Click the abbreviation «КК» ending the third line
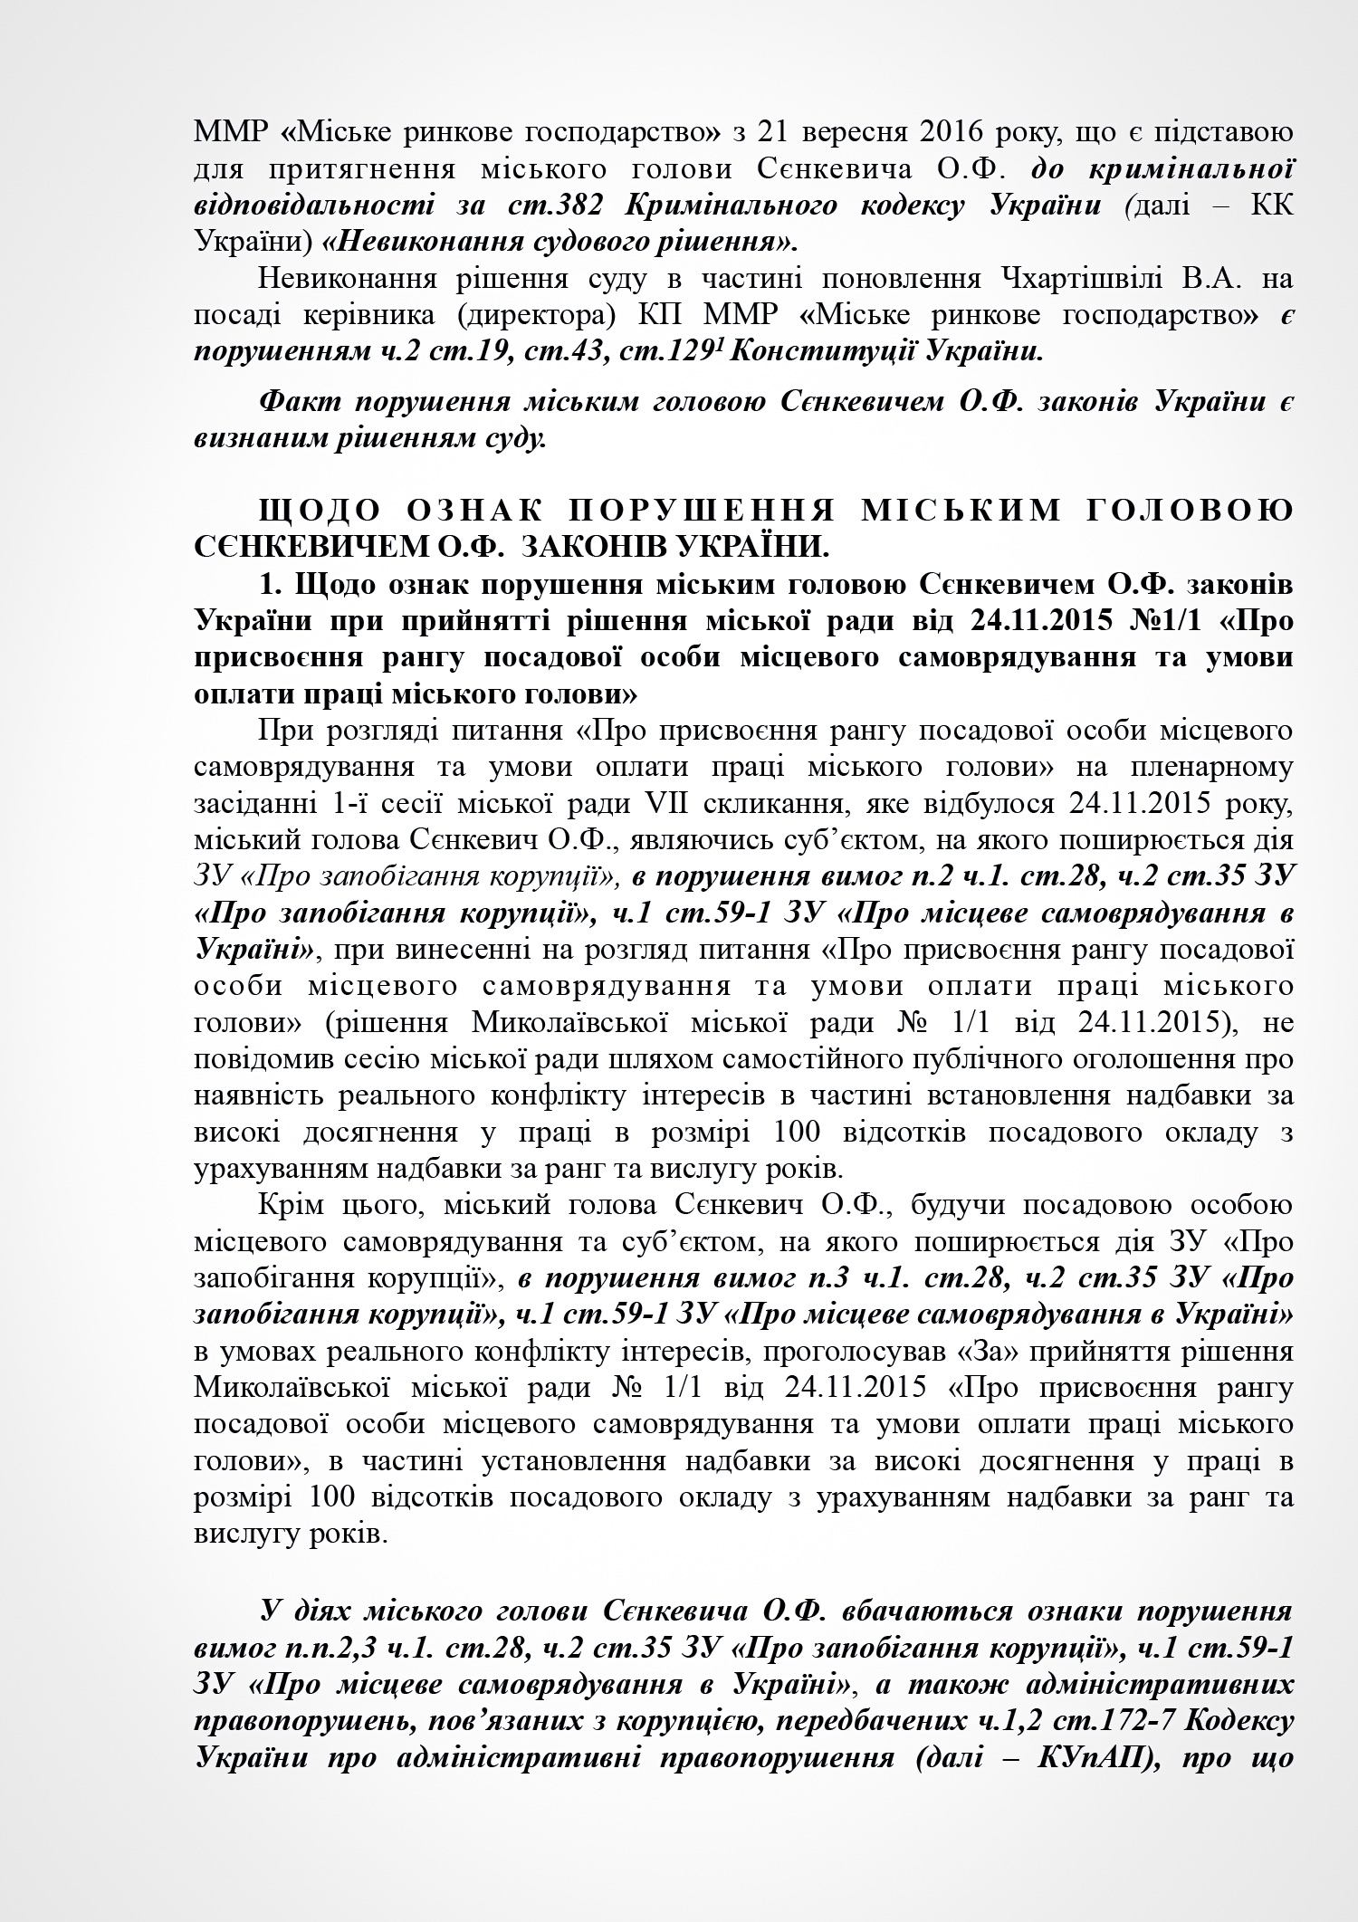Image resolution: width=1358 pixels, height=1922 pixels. [x=1271, y=205]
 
